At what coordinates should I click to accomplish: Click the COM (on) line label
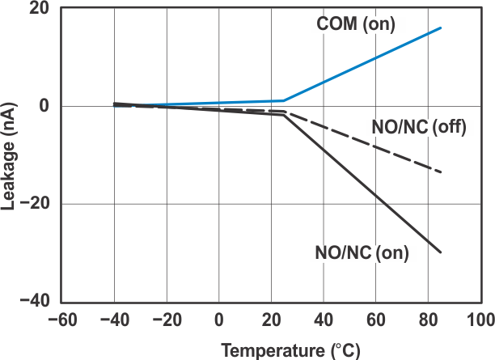pos(355,25)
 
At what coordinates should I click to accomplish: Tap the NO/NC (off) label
pos(421,128)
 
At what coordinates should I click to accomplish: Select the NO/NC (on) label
pos(362,252)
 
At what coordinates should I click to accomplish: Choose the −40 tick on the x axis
pos(114,320)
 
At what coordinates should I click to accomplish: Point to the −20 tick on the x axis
pos(167,320)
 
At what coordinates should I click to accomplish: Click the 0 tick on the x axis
pos(219,320)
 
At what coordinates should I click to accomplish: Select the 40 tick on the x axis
pos(324,320)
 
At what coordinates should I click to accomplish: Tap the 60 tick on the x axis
pos(376,320)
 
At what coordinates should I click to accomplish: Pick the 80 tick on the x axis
pos(429,320)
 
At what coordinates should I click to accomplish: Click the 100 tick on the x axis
pos(480,320)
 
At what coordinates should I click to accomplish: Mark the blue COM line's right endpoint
pos(441,28)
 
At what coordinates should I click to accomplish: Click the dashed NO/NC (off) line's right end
pos(441,172)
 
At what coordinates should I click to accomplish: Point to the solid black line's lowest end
pos(441,252)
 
